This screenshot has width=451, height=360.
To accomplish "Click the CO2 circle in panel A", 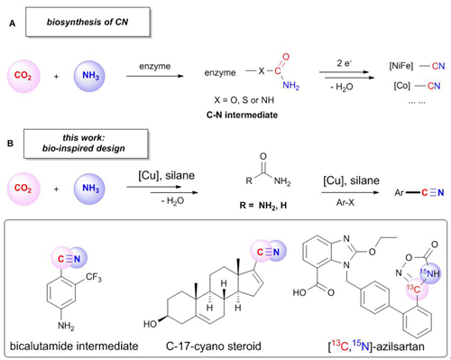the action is (23, 76).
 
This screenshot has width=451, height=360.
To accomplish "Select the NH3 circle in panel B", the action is (89, 189).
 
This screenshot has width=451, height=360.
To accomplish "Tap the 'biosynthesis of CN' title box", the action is (87, 23).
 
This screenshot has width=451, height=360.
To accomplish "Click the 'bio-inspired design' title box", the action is (86, 143).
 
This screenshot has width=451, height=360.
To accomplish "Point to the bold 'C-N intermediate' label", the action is (242, 115).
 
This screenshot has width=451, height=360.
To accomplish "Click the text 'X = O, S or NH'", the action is (244, 100).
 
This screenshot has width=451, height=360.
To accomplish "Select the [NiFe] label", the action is (401, 66).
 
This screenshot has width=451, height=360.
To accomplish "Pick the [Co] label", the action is (402, 86).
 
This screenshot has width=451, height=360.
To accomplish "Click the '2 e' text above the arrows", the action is (345, 63).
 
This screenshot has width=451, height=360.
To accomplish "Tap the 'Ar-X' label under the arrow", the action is (345, 202).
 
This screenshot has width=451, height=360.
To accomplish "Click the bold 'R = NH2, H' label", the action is (263, 206).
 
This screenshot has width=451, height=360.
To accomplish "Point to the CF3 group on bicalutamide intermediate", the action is (94, 277).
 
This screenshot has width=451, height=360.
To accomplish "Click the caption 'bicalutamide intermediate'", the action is (74, 346).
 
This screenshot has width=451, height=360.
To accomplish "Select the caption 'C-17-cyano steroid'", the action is (214, 346).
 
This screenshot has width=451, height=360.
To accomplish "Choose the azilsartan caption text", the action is (376, 346).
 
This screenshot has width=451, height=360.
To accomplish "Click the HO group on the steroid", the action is (150, 324).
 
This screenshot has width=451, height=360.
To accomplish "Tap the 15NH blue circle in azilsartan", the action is (430, 273).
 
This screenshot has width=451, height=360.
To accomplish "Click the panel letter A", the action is (12, 23).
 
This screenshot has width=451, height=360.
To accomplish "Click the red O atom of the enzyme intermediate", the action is (286, 57).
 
